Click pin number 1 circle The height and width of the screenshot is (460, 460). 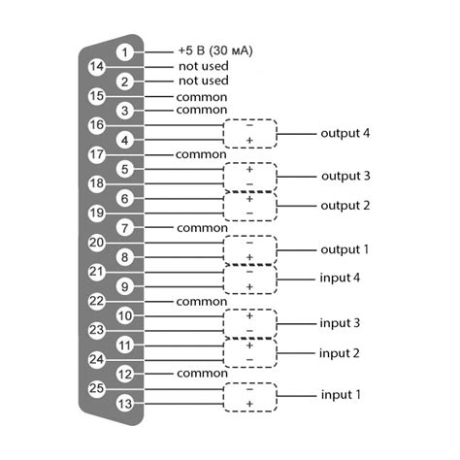tap(125, 51)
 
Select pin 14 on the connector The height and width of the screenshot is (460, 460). tap(96, 66)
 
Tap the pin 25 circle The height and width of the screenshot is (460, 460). tap(96, 388)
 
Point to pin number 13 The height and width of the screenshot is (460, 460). tap(125, 404)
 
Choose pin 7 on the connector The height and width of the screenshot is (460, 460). tap(125, 227)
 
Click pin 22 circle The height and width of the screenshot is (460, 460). tap(96, 301)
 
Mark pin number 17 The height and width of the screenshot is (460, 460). tap(96, 154)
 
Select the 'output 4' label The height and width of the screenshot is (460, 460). tap(345, 133)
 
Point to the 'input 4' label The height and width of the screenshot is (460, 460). tap(341, 278)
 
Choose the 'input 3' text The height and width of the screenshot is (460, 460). tap(341, 322)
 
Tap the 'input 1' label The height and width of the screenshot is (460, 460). tap(341, 396)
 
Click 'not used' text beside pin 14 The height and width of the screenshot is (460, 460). tap(203, 66)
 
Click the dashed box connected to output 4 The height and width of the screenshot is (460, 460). tap(249, 133)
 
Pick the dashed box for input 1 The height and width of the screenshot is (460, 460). tap(249, 396)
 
